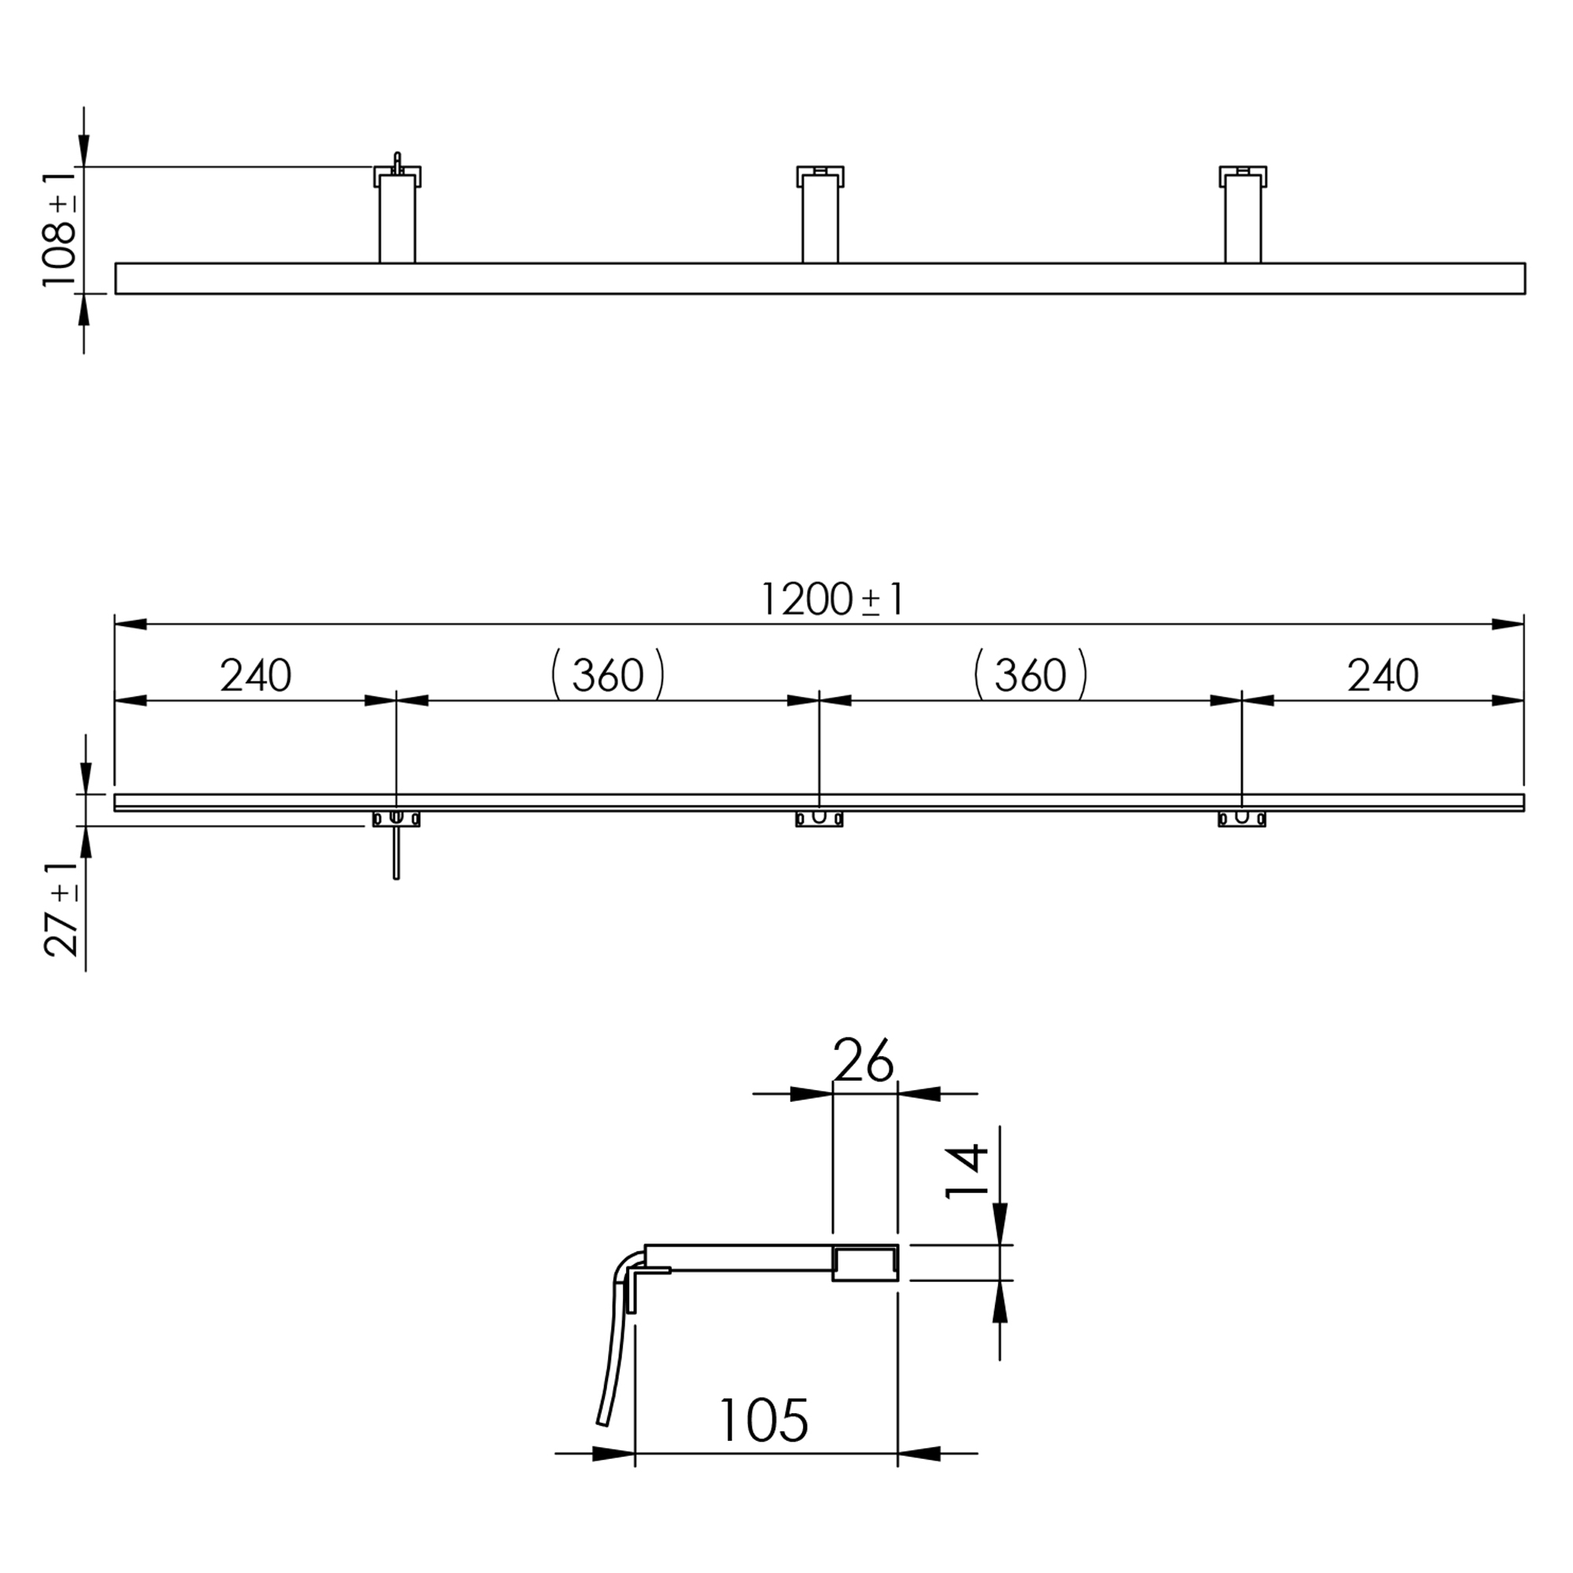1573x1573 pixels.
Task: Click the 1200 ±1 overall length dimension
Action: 831,599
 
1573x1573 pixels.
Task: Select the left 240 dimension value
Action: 256,676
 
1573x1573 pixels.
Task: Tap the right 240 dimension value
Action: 1383,676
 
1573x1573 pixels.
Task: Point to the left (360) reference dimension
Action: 608,675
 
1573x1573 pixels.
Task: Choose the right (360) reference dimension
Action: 1031,675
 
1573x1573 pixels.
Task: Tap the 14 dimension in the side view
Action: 967,1173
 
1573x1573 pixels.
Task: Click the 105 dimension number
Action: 764,1420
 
